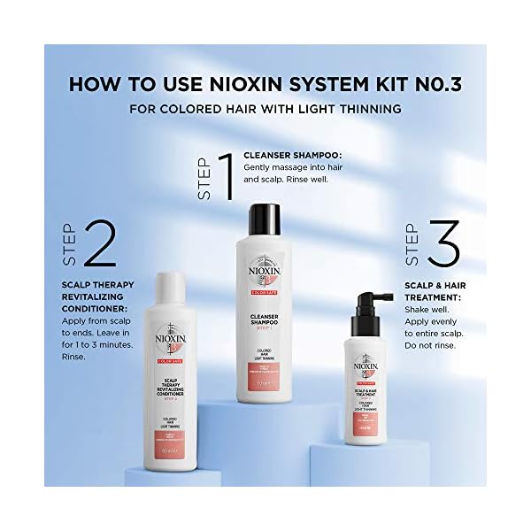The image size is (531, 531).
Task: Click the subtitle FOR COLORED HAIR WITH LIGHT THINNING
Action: pos(265,110)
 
